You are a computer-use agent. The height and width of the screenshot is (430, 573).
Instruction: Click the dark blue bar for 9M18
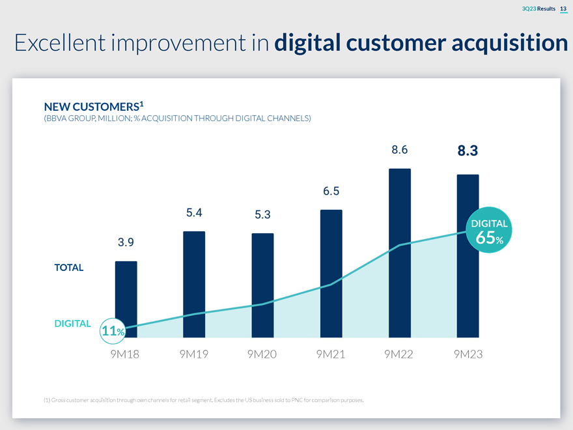(x=126, y=299)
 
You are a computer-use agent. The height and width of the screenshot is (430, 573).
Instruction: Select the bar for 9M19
(x=194, y=284)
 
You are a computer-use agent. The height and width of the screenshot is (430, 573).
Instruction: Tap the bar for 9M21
(x=331, y=274)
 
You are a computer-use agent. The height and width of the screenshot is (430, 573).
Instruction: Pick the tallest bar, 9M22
(x=400, y=253)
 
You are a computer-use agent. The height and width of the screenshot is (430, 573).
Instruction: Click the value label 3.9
(x=126, y=242)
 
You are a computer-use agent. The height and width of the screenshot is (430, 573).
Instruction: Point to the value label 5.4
(x=194, y=212)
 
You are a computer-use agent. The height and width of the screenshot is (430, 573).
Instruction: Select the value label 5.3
(x=263, y=214)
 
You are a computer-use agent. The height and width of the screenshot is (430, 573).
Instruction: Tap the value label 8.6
(x=399, y=150)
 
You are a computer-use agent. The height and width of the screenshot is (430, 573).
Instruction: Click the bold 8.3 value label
(x=468, y=150)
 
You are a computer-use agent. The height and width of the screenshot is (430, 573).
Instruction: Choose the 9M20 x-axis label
(x=262, y=354)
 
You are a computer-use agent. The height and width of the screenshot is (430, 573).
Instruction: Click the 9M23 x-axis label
(x=468, y=354)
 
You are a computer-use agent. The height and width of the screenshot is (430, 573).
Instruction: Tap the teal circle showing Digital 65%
(x=489, y=230)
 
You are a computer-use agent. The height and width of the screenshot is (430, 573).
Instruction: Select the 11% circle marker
(x=113, y=331)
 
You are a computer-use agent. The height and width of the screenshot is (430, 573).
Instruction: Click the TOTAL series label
(x=69, y=268)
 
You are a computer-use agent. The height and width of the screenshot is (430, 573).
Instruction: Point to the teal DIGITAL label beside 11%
(x=72, y=324)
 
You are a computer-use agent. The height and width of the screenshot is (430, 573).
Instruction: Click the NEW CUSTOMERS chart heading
(x=94, y=106)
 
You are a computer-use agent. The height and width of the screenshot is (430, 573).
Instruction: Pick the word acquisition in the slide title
(x=510, y=43)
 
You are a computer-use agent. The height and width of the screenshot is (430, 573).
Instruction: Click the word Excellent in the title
(x=60, y=42)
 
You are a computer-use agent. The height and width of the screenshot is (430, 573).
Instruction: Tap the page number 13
(x=563, y=8)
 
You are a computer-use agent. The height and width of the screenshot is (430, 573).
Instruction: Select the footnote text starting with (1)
(x=204, y=400)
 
